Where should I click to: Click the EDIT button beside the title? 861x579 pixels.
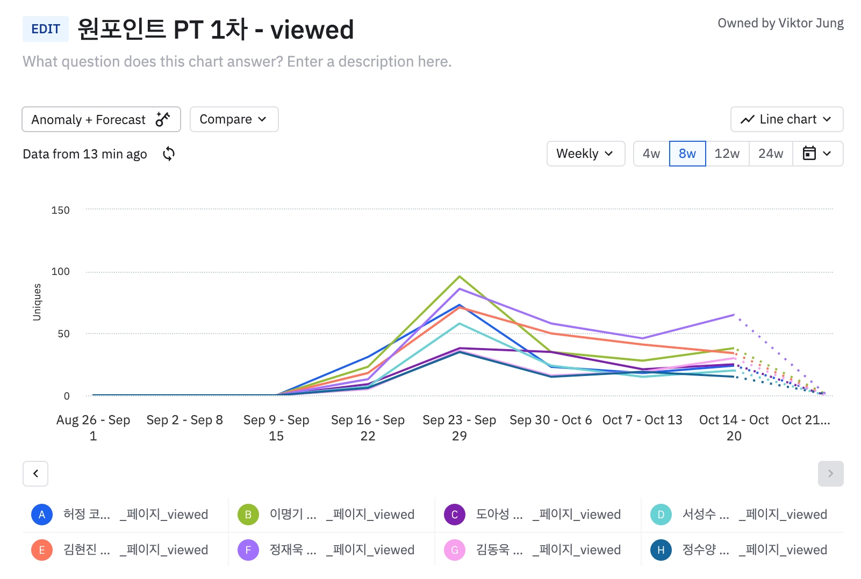click(46, 29)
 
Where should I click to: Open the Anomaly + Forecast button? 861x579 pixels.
click(101, 119)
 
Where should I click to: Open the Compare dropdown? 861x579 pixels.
click(234, 119)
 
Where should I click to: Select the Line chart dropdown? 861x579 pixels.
click(786, 119)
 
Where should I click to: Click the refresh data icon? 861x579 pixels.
click(169, 154)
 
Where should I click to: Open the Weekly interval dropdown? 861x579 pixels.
click(585, 154)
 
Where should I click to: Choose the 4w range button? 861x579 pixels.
click(651, 154)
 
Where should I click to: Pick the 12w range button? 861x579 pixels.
click(727, 154)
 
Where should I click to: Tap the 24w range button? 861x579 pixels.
click(770, 154)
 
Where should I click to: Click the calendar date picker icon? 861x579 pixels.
click(809, 154)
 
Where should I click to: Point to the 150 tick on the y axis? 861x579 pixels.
click(60, 210)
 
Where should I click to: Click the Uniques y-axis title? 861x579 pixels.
click(37, 302)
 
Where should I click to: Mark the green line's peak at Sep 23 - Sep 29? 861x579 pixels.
click(460, 277)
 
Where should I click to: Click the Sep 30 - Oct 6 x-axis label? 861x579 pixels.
click(550, 420)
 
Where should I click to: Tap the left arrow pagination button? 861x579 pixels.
click(35, 474)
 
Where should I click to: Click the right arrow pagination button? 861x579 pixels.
click(830, 474)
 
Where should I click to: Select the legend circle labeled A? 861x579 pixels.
click(42, 515)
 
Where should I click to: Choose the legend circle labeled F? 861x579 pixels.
click(248, 550)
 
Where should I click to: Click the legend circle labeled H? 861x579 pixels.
click(661, 550)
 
